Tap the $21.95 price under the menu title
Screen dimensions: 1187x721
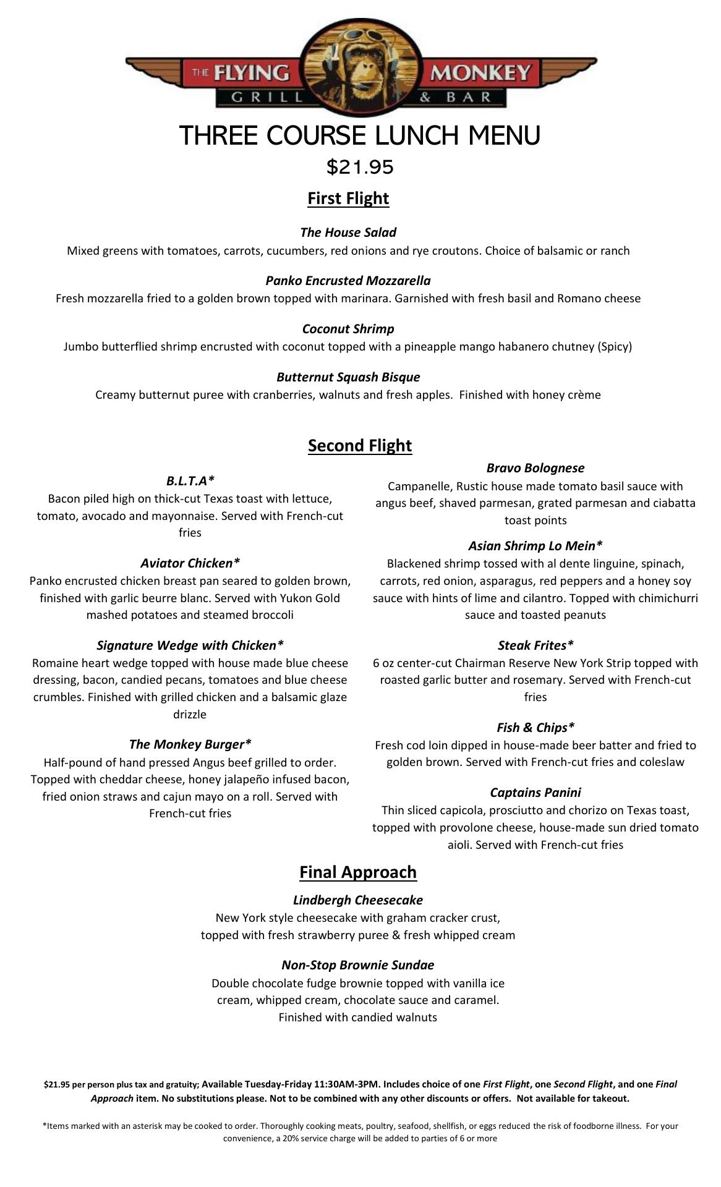click(x=360, y=167)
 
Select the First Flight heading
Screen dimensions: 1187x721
click(x=348, y=198)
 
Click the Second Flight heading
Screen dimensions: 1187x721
click(x=360, y=446)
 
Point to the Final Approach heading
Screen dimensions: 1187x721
click(x=358, y=872)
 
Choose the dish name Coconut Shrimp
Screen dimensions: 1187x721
click(x=348, y=329)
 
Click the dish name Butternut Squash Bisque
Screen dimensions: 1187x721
click(x=348, y=377)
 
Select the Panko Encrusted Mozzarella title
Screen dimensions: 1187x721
click(x=348, y=281)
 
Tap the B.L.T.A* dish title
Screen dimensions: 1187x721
click(x=190, y=481)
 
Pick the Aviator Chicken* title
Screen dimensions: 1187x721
click(x=190, y=563)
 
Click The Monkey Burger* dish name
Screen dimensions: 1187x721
click(x=190, y=744)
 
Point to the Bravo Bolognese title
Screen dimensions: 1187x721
click(x=535, y=468)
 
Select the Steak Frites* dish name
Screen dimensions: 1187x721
click(x=535, y=645)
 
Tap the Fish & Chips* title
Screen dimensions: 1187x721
click(x=535, y=728)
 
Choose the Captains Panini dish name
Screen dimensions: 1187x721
click(x=535, y=793)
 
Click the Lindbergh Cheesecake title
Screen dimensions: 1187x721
click(x=358, y=900)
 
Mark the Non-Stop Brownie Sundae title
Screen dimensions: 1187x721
click(x=358, y=965)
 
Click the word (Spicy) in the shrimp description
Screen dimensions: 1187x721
click(x=615, y=347)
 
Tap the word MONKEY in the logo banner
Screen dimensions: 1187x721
click(x=480, y=74)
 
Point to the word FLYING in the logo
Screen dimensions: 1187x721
click(x=252, y=74)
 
